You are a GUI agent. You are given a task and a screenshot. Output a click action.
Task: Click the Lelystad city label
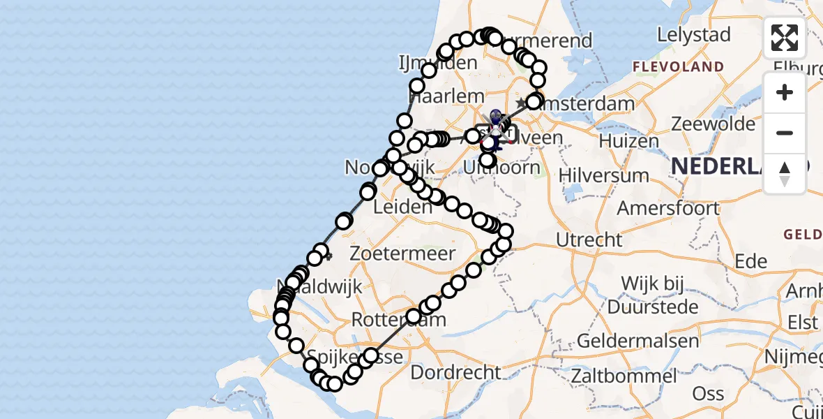(x=694, y=35)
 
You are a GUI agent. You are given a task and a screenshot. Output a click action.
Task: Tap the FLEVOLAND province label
(x=677, y=67)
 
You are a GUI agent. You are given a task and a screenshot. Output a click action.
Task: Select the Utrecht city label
(x=589, y=240)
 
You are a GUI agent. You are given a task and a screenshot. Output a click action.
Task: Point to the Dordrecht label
(x=456, y=372)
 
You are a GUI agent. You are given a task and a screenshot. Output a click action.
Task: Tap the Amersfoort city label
(x=668, y=208)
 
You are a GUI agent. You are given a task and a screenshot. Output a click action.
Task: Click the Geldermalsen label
(x=638, y=341)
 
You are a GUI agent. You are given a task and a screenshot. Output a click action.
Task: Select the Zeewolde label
(x=713, y=124)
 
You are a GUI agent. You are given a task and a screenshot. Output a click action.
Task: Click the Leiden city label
(x=403, y=207)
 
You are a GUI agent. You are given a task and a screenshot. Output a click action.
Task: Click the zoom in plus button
(x=785, y=93)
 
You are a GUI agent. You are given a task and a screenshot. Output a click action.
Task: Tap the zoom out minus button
(x=785, y=133)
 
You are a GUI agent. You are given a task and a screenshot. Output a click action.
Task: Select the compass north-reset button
(x=785, y=173)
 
